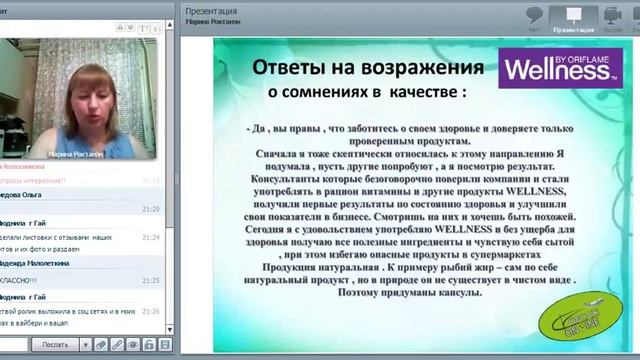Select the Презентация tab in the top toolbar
click(572, 19)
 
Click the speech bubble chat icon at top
click(535, 15)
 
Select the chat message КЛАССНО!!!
click(26, 282)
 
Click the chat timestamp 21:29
click(150, 209)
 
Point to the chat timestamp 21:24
click(150, 237)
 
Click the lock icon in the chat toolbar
click(137, 344)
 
